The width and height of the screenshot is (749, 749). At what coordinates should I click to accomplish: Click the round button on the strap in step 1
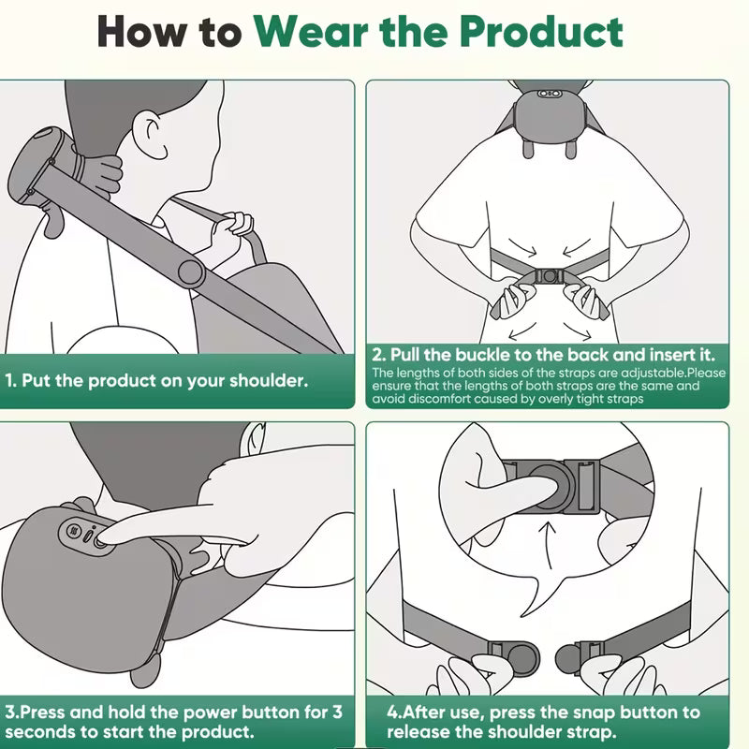coord(191,272)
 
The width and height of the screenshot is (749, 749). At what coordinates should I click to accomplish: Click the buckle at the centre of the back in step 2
coord(549,276)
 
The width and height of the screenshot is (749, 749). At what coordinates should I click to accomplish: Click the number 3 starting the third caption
coord(9,712)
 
